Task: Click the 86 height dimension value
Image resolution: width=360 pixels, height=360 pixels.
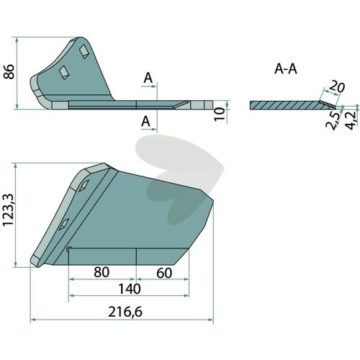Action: (x=9, y=71)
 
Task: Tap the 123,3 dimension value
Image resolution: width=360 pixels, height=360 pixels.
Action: (x=9, y=210)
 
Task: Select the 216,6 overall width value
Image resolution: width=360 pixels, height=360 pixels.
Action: (x=125, y=312)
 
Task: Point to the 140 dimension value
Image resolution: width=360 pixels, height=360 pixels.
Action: (x=130, y=289)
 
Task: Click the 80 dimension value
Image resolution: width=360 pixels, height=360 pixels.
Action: (x=102, y=272)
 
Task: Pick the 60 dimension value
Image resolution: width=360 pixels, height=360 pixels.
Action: (x=164, y=273)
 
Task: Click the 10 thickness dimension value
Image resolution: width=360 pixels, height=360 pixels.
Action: (x=220, y=114)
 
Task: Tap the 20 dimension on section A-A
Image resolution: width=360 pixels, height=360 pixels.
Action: (x=336, y=87)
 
